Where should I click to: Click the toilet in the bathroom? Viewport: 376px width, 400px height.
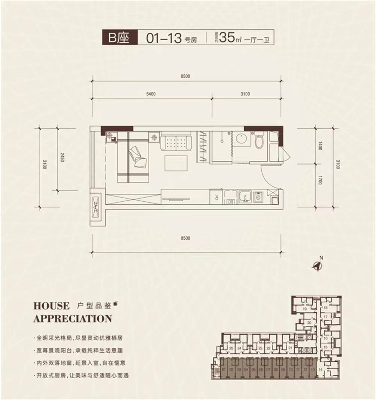coord(259,141)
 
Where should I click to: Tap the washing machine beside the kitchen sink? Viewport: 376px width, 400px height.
coord(259,196)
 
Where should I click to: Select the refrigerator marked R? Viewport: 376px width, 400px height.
coord(217,196)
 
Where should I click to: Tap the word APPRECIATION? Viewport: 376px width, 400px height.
coord(73,319)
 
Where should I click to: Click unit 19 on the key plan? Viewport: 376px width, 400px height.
coord(304,309)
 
